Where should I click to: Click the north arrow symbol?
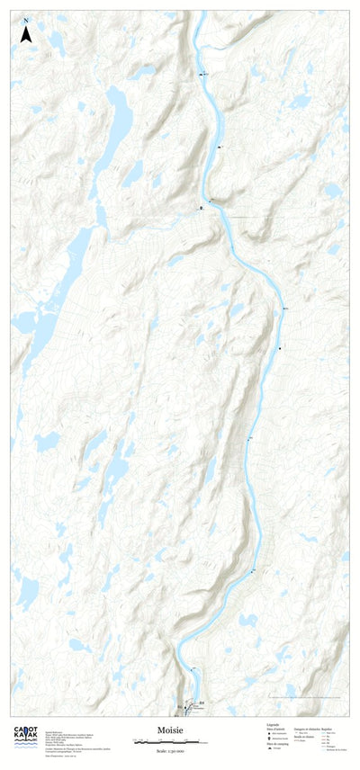pos(26,35)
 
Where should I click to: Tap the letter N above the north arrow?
pos(26,20)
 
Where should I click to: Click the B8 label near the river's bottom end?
pos(202,702)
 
